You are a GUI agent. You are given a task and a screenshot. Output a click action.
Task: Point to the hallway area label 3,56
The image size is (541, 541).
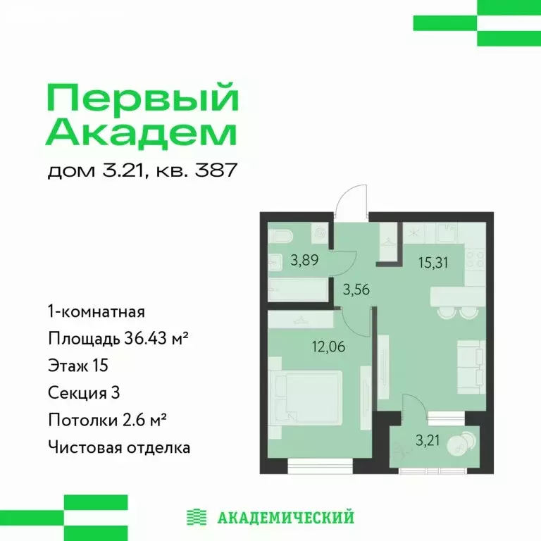click(x=356, y=288)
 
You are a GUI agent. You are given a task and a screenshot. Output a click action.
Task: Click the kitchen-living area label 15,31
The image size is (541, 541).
click(x=432, y=265)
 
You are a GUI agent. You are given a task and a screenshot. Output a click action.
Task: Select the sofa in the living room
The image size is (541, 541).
click(x=469, y=366)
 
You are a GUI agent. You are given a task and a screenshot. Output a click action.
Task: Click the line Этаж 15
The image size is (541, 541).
click(x=77, y=366)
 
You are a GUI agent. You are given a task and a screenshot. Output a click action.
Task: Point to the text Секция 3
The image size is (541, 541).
click(x=83, y=392)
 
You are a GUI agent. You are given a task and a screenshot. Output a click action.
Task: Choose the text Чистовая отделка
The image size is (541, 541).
click(x=119, y=447)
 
